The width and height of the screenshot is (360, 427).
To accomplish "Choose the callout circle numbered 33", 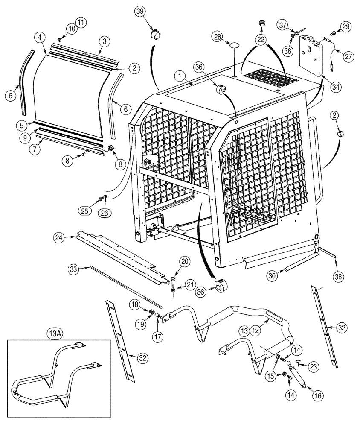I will point(74,269).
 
